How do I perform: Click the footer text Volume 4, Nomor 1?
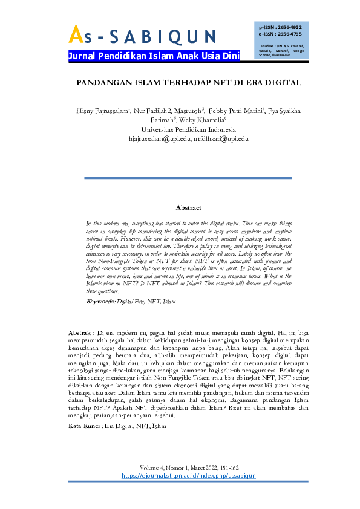coord(162,468)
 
